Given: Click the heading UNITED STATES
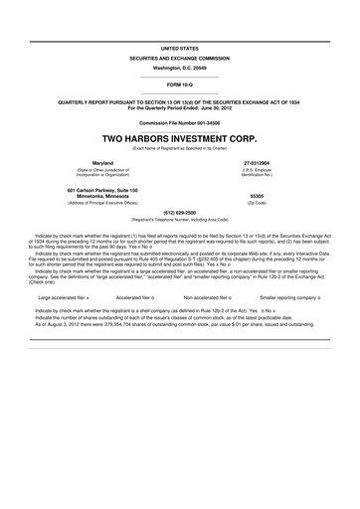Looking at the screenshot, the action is pos(179,47).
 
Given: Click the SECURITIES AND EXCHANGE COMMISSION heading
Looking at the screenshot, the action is pos(179,59).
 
